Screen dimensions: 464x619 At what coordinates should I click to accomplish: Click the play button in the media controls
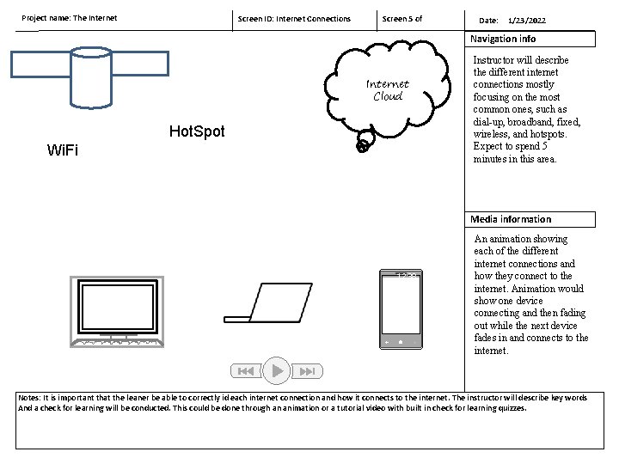(x=277, y=370)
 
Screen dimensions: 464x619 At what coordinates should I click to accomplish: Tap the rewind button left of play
(x=245, y=371)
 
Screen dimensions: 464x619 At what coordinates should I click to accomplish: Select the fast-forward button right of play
(x=308, y=371)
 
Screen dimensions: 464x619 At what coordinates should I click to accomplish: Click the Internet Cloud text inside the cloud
(x=388, y=89)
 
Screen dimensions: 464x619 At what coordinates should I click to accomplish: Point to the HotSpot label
(x=197, y=131)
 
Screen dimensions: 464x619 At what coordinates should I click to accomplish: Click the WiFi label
(x=63, y=150)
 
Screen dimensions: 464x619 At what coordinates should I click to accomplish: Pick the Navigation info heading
(x=503, y=39)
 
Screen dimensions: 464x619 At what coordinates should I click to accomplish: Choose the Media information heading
(x=511, y=219)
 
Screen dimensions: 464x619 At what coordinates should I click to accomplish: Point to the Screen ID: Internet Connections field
(x=294, y=18)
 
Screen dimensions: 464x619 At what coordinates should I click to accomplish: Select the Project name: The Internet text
(x=70, y=17)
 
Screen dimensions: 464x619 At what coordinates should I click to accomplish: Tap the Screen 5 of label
(x=402, y=18)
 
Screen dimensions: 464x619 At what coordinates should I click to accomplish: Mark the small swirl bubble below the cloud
(x=364, y=146)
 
